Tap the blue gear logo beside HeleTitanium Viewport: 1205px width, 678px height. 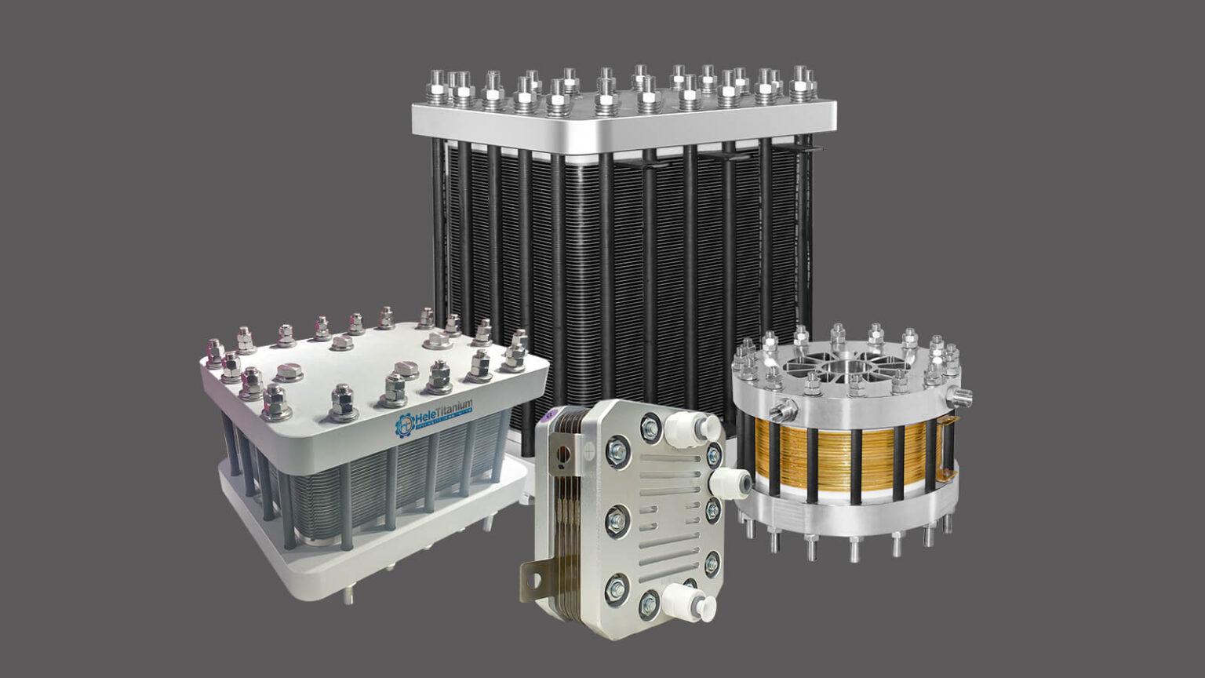tap(404, 425)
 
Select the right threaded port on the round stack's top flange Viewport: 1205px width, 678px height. tap(961, 395)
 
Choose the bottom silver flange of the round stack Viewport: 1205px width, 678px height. tap(847, 514)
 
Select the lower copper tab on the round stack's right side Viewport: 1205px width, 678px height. tap(949, 474)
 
